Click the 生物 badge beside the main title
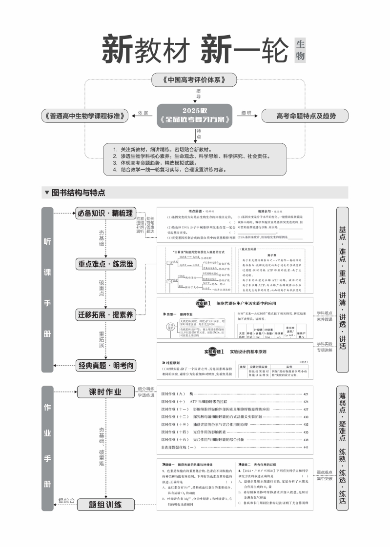[x=300, y=51]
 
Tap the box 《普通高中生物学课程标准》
[x=85, y=116]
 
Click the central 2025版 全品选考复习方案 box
[x=195, y=115]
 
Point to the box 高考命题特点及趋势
[x=306, y=116]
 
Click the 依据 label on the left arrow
[x=143, y=113]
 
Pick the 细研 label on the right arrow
[x=246, y=113]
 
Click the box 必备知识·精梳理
[x=104, y=213]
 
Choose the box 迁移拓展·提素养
[x=105, y=314]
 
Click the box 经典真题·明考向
[x=105, y=365]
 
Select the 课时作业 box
[x=105, y=392]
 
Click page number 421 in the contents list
[x=306, y=394]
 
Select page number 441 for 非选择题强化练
[x=306, y=447]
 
